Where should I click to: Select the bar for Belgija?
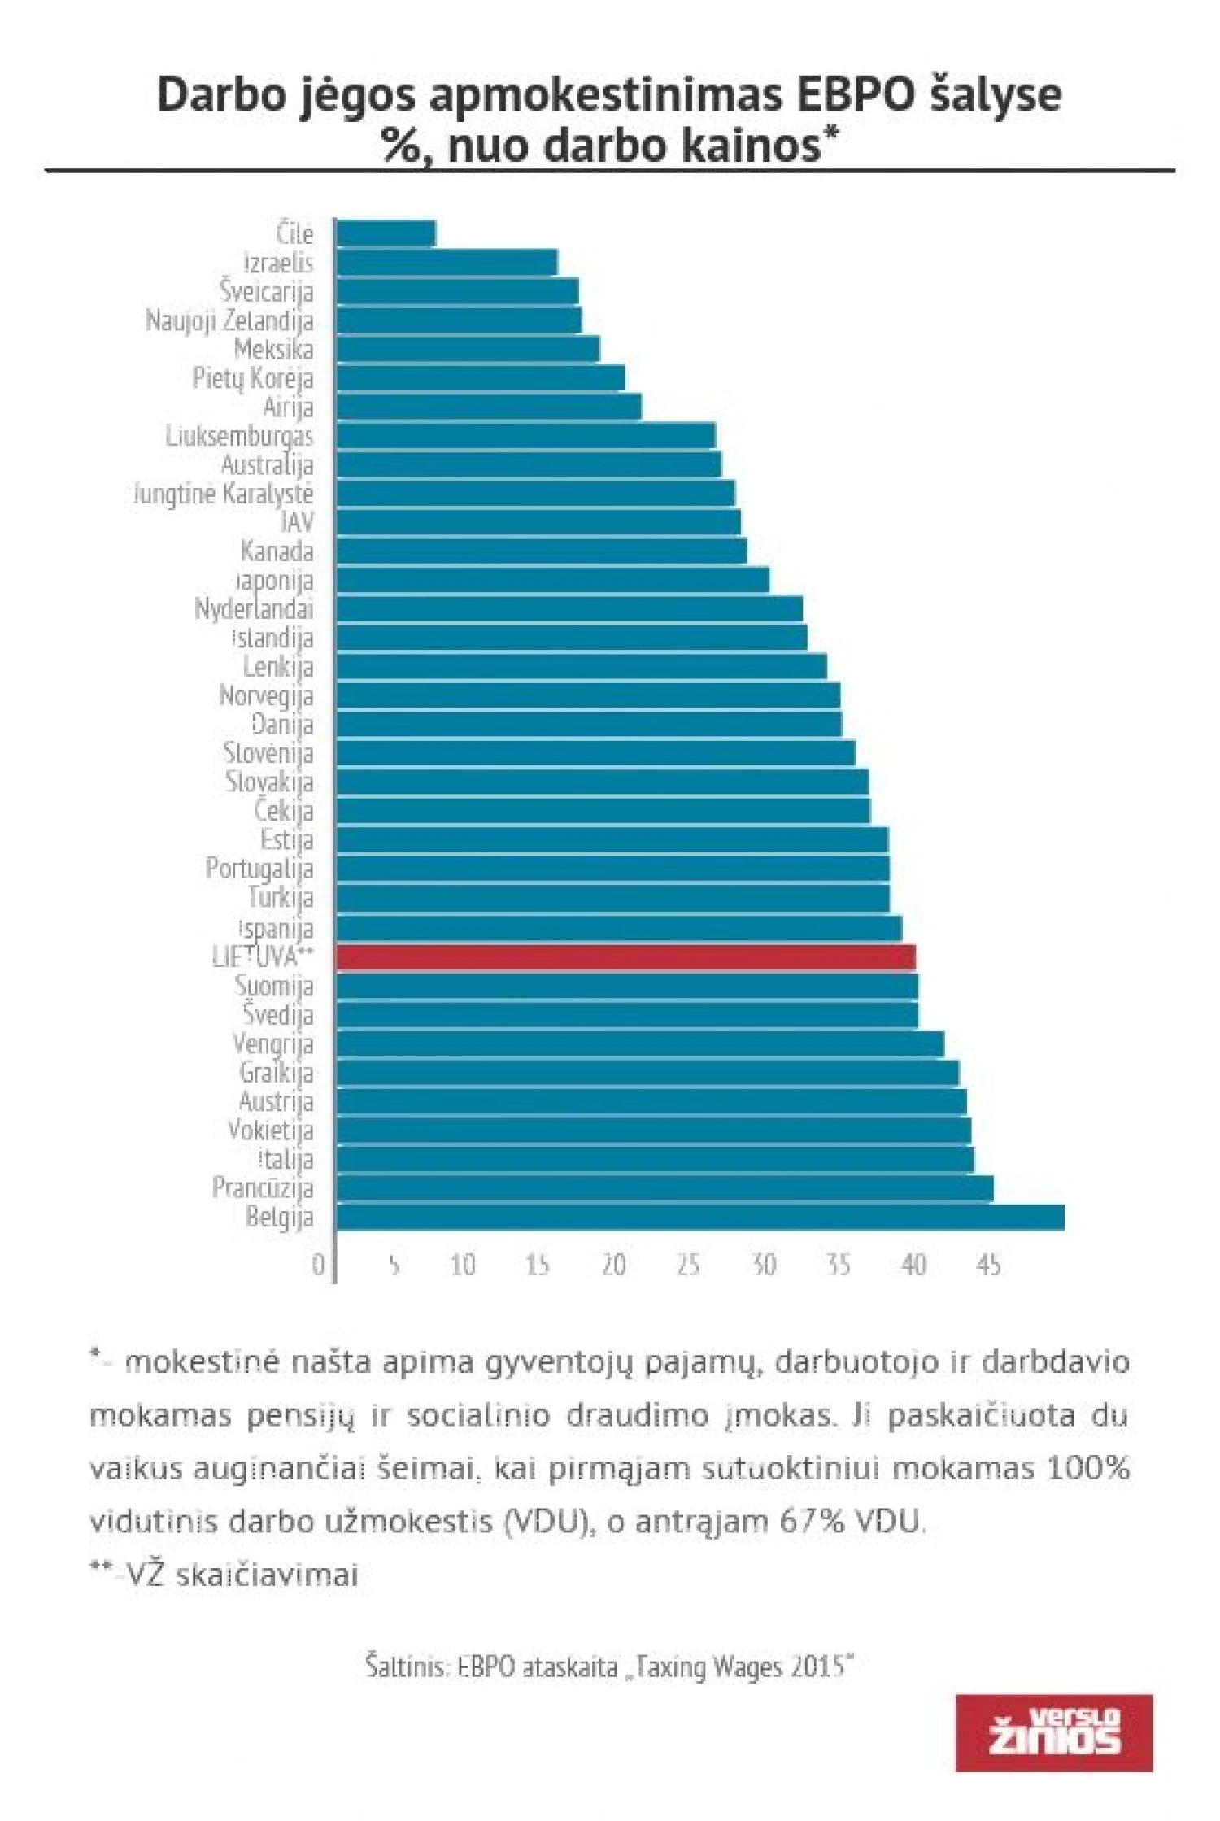pyautogui.click(x=699, y=1218)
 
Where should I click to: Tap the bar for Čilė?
pyautogui.click(x=386, y=233)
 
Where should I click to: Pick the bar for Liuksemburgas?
pyautogui.click(x=525, y=436)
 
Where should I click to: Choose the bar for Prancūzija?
pyautogui.click(x=664, y=1188)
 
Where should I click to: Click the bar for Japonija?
pyautogui.click(x=552, y=580)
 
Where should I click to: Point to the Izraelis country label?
pyautogui.click(x=278, y=263)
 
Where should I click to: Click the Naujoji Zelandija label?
pyautogui.click(x=229, y=320)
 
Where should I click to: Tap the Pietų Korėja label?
pyautogui.click(x=252, y=378)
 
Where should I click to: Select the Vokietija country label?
pyautogui.click(x=270, y=1131)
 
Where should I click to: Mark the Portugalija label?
pyautogui.click(x=259, y=869)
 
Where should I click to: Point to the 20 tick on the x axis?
pyautogui.click(x=613, y=1265)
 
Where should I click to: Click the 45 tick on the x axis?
pyautogui.click(x=988, y=1265)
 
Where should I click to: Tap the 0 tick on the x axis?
pyautogui.click(x=318, y=1265)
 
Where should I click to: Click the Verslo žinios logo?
pyautogui.click(x=1054, y=1732)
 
